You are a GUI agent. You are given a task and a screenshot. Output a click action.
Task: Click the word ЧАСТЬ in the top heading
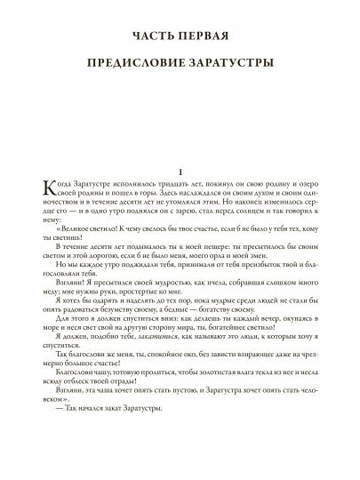151,36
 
